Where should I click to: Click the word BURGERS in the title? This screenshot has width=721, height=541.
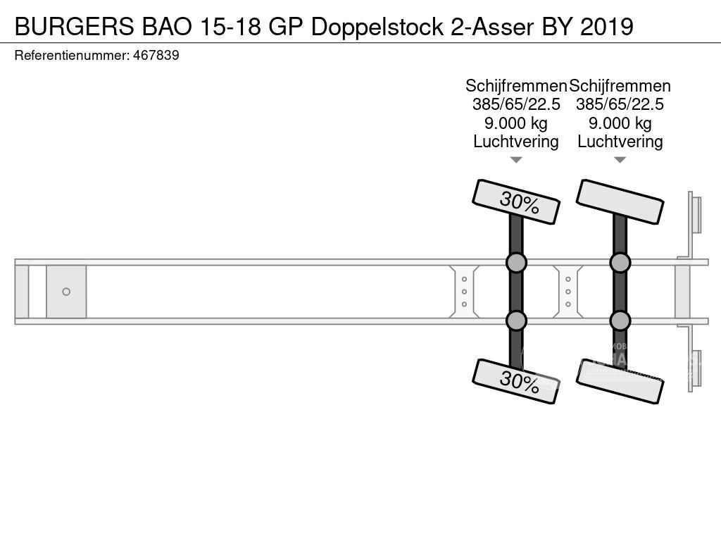(75, 27)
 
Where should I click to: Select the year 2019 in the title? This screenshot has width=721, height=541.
(607, 27)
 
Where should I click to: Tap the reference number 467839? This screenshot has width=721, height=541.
(156, 55)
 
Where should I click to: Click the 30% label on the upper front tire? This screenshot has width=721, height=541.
(519, 203)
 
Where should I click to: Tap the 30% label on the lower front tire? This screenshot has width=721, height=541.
(519, 383)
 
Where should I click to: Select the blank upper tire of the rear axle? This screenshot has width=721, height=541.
(620, 202)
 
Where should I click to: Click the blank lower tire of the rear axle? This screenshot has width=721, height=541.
(620, 381)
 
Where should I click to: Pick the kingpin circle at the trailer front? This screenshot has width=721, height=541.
(66, 292)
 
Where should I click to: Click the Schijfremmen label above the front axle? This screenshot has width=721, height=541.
(516, 86)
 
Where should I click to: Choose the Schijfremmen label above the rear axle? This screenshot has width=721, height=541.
(620, 86)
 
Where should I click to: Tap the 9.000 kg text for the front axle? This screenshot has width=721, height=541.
(516, 123)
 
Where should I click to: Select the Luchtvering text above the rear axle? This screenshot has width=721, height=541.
(620, 142)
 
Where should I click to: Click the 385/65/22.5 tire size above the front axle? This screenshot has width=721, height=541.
(516, 104)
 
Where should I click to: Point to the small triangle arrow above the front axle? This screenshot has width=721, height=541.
(516, 160)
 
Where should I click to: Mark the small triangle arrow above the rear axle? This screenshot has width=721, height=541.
(620, 160)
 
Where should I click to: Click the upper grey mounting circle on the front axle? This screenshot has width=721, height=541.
(516, 263)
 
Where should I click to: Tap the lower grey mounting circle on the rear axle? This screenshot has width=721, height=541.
(620, 321)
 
